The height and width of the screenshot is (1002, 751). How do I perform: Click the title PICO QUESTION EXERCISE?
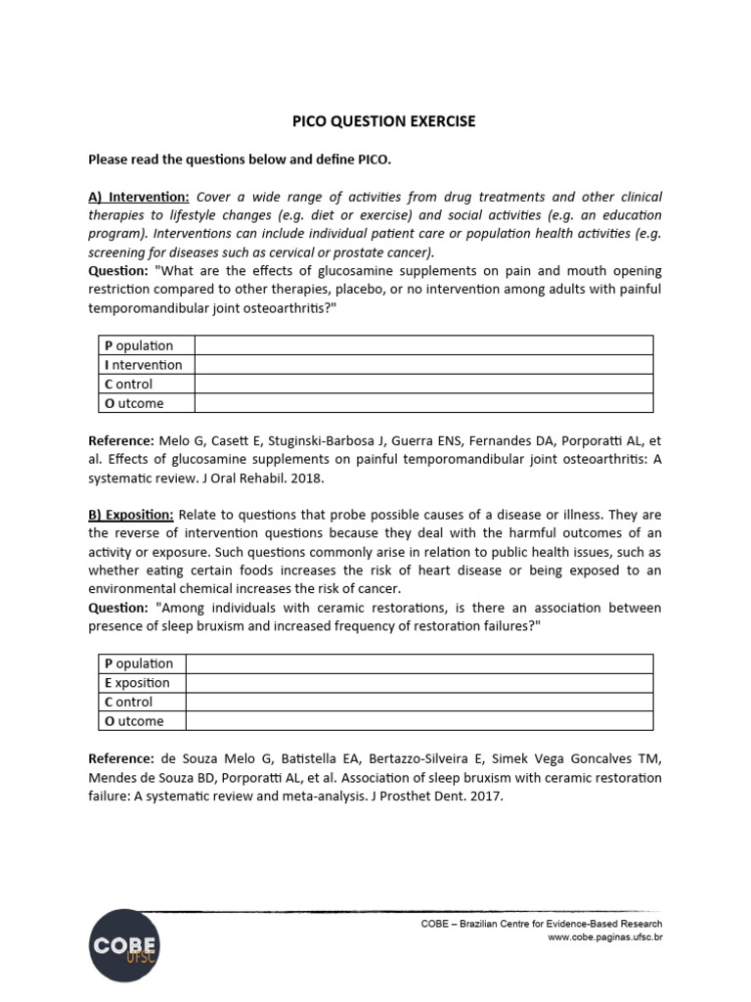[385, 121]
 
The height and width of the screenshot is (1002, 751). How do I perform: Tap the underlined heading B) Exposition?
[131, 514]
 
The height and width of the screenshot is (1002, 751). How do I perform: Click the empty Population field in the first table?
[423, 345]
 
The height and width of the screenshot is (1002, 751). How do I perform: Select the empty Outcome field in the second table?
[419, 721]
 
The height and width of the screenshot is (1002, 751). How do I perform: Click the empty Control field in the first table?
[423, 385]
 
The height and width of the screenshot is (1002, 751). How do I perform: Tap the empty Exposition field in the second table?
[419, 683]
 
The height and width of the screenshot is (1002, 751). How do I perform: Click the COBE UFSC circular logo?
[124, 945]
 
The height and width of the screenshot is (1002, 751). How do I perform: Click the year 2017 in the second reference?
[486, 796]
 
